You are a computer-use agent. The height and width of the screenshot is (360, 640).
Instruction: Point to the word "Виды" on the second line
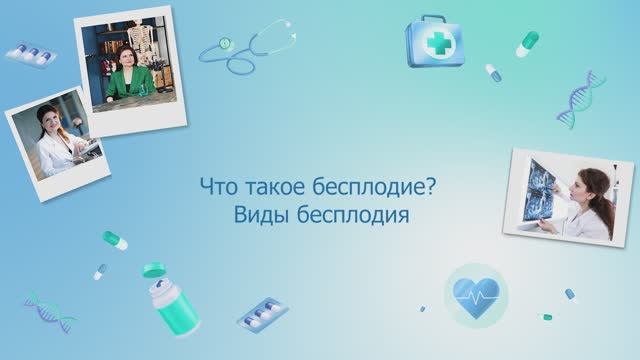tap(255, 215)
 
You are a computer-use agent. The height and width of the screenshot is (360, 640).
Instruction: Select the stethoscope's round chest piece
tap(227, 44)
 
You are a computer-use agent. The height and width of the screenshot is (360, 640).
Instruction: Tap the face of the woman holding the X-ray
tap(591, 183)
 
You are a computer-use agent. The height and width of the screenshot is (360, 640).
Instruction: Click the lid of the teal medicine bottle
tap(153, 270)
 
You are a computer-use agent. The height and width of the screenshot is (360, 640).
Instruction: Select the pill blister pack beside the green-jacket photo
tap(31, 54)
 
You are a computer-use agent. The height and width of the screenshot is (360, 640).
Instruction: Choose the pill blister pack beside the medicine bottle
tap(263, 313)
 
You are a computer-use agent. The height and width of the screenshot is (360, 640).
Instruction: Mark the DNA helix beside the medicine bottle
tap(48, 311)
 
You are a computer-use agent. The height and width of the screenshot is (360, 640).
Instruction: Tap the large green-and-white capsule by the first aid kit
tap(527, 43)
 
